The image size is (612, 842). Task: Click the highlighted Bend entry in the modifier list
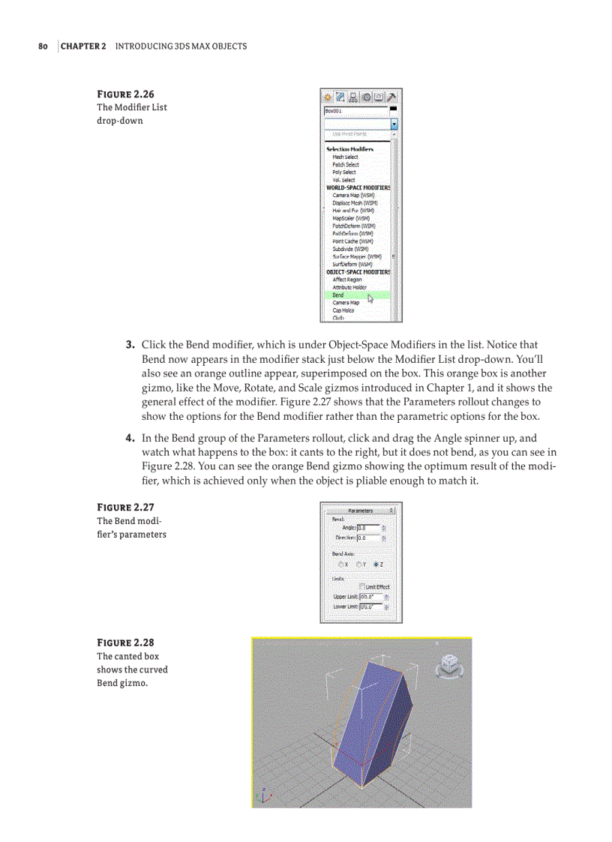click(339, 295)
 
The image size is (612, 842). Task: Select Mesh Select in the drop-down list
click(346, 157)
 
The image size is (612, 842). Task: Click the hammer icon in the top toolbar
click(391, 97)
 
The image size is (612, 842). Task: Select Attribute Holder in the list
click(349, 287)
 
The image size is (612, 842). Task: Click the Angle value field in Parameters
click(368, 528)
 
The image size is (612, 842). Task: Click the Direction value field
click(368, 538)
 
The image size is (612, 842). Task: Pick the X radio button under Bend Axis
click(341, 564)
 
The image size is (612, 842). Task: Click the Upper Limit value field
click(370, 597)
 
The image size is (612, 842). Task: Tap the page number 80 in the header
click(43, 46)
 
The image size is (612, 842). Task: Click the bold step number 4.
click(129, 438)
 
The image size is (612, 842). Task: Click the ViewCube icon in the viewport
click(448, 663)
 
